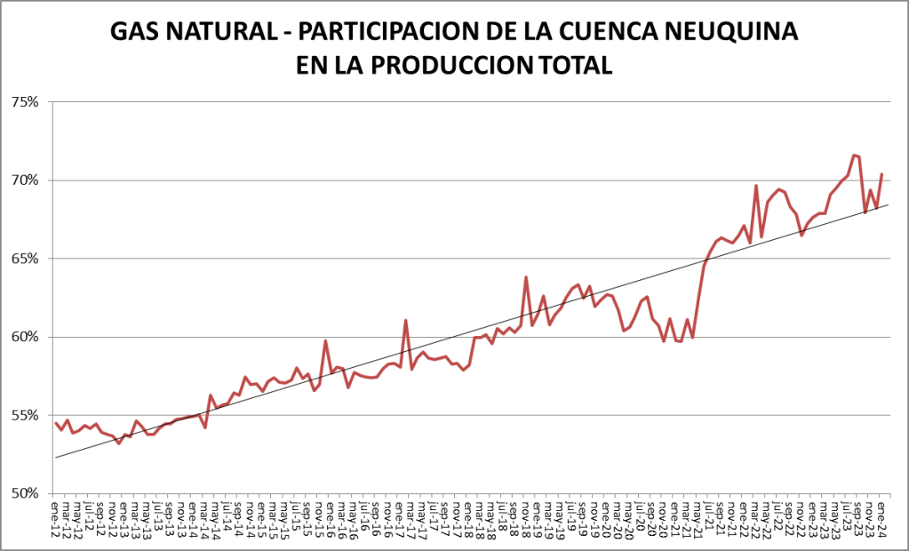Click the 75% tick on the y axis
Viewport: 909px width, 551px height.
pos(25,102)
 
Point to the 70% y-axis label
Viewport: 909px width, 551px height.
pos(25,180)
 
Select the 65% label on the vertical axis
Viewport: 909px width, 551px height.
pos(25,259)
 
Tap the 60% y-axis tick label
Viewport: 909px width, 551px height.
pos(25,337)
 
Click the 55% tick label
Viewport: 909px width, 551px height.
pos(25,415)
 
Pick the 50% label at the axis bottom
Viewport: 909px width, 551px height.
pos(25,493)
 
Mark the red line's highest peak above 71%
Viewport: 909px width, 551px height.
pos(853,156)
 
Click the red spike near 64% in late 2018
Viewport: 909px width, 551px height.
pos(526,277)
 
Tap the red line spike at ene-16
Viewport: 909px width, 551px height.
pos(326,340)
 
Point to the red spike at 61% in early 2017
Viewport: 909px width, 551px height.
pos(406,320)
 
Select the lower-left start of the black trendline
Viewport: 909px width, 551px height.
pos(55,458)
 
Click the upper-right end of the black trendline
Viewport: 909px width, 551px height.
pos(888,204)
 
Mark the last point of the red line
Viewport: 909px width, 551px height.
pos(881,174)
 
